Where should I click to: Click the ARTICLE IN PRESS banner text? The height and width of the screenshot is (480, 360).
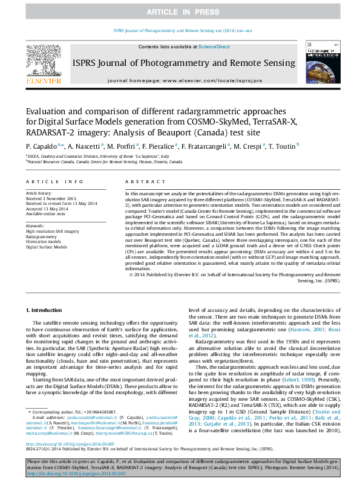pos(179,12)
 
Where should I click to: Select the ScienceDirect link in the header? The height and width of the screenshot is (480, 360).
pos(215,47)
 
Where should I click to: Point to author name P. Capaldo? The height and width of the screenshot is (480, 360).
pos(41,146)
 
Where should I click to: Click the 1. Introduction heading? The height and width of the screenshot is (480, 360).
pos(46,310)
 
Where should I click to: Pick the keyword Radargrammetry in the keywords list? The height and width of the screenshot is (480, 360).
pos(42,236)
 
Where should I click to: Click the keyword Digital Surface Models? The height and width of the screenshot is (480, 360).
pos(46,247)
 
